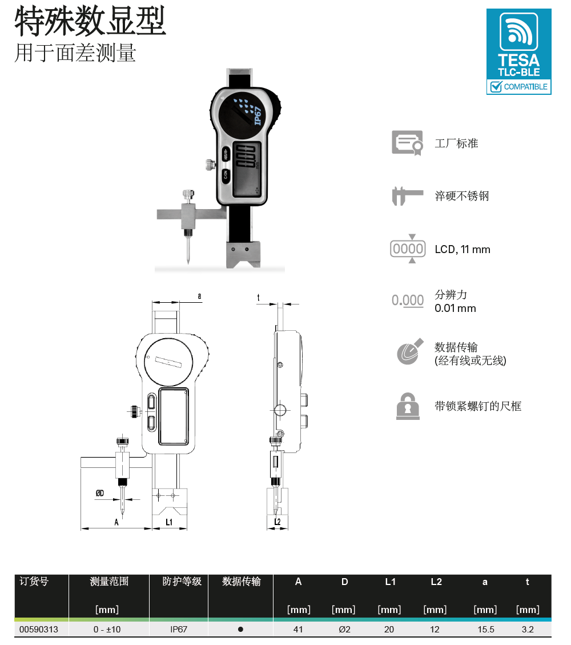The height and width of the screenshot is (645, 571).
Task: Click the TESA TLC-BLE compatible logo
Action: pyautogui.click(x=519, y=52)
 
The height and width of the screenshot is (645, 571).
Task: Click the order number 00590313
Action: pyautogui.click(x=39, y=630)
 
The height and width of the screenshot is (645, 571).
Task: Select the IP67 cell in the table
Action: pyautogui.click(x=179, y=630)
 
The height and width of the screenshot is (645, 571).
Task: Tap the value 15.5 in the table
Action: pyautogui.click(x=486, y=630)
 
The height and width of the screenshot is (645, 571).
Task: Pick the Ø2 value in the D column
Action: pyautogui.click(x=344, y=630)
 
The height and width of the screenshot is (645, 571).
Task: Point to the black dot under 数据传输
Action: pyautogui.click(x=240, y=630)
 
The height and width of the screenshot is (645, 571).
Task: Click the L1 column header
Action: pyautogui.click(x=390, y=582)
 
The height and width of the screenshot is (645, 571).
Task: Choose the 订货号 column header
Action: pyautogui.click(x=34, y=581)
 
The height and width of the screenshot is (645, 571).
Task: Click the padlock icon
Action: pyautogui.click(x=408, y=406)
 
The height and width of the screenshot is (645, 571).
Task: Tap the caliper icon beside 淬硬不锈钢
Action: pyautogui.click(x=407, y=196)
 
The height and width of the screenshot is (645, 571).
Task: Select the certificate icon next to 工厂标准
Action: pyautogui.click(x=407, y=143)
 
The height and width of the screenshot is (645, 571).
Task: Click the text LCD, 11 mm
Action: pyautogui.click(x=463, y=249)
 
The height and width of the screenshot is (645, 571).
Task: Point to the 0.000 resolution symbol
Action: pyautogui.click(x=407, y=301)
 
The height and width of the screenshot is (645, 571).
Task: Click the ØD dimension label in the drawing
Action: pyautogui.click(x=100, y=493)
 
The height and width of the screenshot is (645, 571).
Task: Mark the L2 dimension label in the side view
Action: pyautogui.click(x=278, y=522)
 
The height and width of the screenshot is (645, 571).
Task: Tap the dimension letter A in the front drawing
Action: pyautogui.click(x=116, y=522)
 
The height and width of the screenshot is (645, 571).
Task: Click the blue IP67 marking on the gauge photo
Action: pyautogui.click(x=258, y=115)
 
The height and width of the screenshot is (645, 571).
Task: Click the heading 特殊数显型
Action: pyautogui.click(x=90, y=21)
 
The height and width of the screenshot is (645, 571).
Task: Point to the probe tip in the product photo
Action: pyautogui.click(x=188, y=262)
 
